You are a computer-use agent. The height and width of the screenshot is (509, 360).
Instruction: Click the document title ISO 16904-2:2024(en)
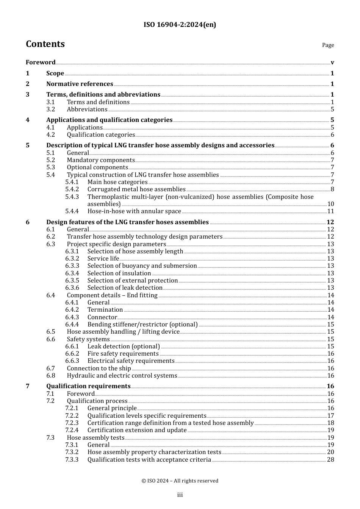180,25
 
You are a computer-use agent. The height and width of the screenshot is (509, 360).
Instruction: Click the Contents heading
45,44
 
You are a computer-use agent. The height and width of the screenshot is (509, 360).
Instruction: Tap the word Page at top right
328,45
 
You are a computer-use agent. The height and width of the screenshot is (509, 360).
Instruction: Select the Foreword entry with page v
41,62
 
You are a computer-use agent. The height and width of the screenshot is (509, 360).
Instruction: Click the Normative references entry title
80,84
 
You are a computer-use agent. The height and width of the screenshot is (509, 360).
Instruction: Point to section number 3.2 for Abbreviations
51,109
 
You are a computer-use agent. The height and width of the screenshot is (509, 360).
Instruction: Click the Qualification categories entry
101,135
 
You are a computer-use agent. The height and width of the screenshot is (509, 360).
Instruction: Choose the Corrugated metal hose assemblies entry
136,189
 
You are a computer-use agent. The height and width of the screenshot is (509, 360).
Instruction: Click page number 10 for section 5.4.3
330,204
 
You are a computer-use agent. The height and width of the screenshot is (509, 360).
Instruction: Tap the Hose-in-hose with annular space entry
134,211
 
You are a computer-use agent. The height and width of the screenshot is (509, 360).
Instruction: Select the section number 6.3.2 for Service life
72,259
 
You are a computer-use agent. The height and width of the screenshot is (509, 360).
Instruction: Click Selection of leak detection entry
125,288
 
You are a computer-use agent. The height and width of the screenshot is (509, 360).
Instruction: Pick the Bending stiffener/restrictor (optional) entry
142,325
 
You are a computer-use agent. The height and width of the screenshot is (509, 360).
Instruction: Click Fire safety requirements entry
123,354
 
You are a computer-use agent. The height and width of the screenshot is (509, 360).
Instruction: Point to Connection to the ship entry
99,368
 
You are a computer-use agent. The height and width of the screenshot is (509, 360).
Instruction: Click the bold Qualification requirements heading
88,386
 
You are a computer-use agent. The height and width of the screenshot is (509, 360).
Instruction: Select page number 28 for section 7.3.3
330,460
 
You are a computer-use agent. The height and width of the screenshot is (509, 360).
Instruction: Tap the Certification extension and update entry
137,430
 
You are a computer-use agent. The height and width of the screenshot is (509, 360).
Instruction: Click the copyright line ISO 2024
180,481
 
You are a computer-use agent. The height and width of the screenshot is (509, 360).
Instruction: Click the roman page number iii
180,495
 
